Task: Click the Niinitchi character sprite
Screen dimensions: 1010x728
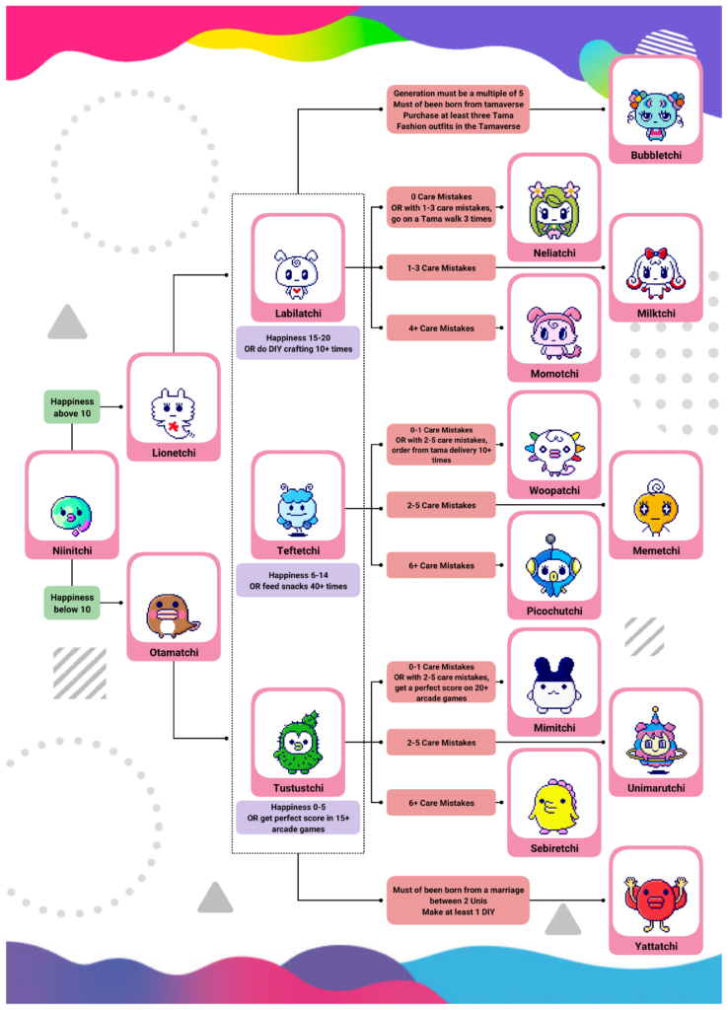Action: (x=71, y=510)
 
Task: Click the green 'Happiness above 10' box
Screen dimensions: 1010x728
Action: (x=71, y=406)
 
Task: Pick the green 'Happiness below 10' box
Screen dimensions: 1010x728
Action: (x=71, y=603)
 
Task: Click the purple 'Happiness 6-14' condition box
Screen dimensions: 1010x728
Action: (x=297, y=581)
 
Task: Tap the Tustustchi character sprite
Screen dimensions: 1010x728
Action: (x=297, y=742)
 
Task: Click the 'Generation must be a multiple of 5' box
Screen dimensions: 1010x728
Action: (x=458, y=108)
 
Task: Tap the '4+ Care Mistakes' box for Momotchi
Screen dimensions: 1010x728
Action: (x=440, y=327)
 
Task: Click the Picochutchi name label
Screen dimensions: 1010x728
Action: (x=553, y=611)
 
